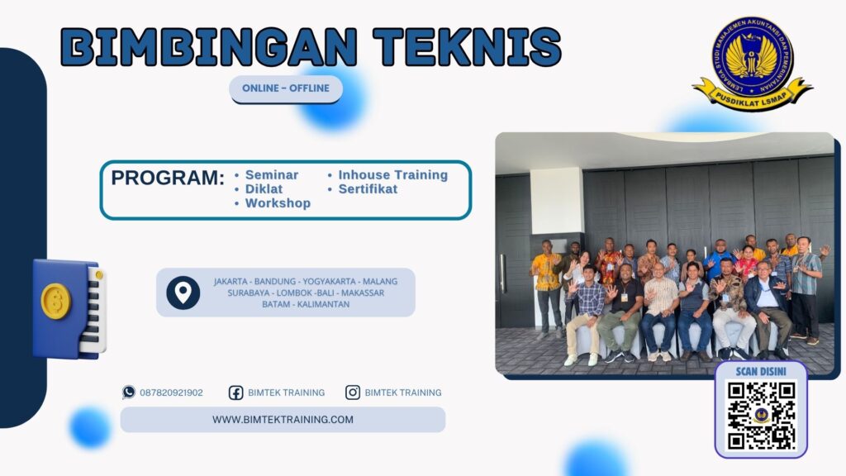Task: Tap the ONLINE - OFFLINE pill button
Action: (x=286, y=88)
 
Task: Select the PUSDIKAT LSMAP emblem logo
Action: (x=752, y=63)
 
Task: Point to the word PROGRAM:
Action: (x=168, y=178)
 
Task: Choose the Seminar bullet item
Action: (x=271, y=175)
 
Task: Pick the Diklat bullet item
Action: (x=264, y=189)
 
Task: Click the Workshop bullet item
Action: (x=278, y=203)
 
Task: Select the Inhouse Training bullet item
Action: (x=392, y=175)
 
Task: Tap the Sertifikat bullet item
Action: (x=368, y=189)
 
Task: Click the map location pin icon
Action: (x=183, y=293)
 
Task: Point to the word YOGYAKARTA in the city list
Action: (x=325, y=281)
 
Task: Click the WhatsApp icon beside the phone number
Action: (x=129, y=393)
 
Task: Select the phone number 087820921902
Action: (x=171, y=393)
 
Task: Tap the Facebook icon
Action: (x=235, y=393)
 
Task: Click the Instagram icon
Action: (x=353, y=393)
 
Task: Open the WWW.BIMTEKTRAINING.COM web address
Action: (x=283, y=420)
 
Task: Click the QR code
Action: (x=761, y=415)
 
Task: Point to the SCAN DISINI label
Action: (x=761, y=371)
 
